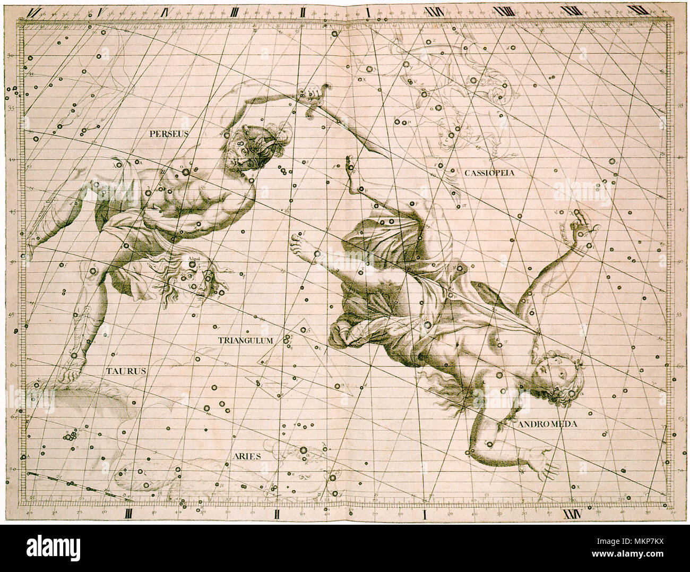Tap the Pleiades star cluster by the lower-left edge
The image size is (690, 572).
[x=68, y=437]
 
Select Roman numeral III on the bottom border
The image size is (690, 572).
[x=129, y=514]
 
